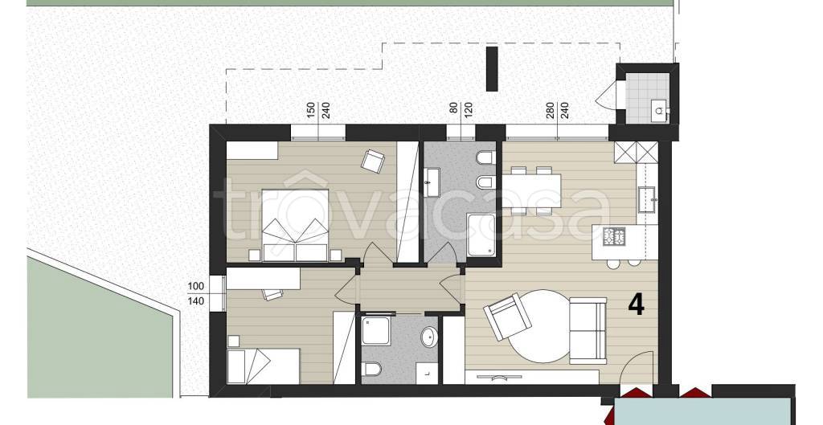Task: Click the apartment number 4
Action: [x=637, y=304]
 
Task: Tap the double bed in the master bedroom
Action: [x=296, y=225]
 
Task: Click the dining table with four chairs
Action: [x=531, y=190]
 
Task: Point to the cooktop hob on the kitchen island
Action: [x=614, y=237]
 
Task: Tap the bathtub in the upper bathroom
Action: [x=481, y=235]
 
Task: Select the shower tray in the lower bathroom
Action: [x=376, y=330]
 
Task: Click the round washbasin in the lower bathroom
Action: [x=430, y=337]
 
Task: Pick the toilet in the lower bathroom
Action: [x=371, y=370]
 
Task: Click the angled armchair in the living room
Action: [x=504, y=316]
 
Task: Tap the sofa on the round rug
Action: [x=588, y=330]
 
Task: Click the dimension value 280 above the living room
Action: [x=550, y=112]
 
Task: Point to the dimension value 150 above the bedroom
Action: [x=311, y=112]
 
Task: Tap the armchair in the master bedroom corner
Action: [x=373, y=160]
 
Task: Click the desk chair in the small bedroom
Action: [x=272, y=294]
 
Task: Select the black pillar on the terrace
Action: [x=492, y=69]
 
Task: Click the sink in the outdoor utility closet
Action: [x=659, y=110]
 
